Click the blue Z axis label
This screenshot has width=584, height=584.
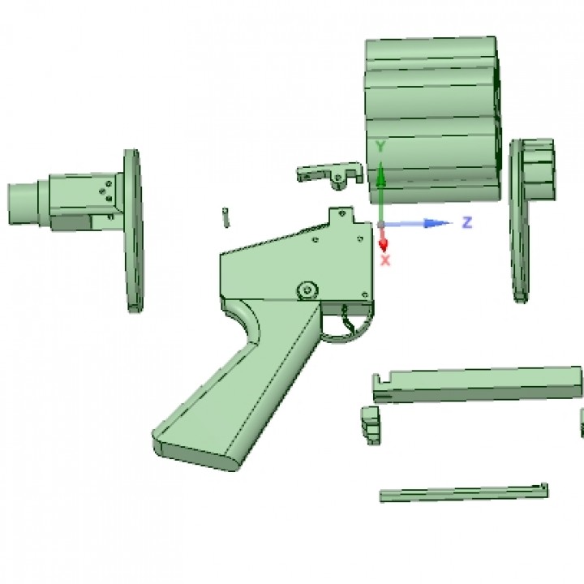tap(467, 222)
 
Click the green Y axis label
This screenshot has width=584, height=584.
tap(380, 147)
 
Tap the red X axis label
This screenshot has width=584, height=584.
tap(385, 260)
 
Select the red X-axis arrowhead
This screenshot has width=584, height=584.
tap(383, 245)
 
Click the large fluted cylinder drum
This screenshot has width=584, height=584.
tap(433, 120)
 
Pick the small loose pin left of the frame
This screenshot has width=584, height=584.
tap(225, 217)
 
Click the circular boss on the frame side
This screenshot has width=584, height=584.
tap(307, 290)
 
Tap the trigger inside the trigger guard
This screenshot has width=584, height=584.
tap(348, 320)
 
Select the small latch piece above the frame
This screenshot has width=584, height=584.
tap(329, 174)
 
